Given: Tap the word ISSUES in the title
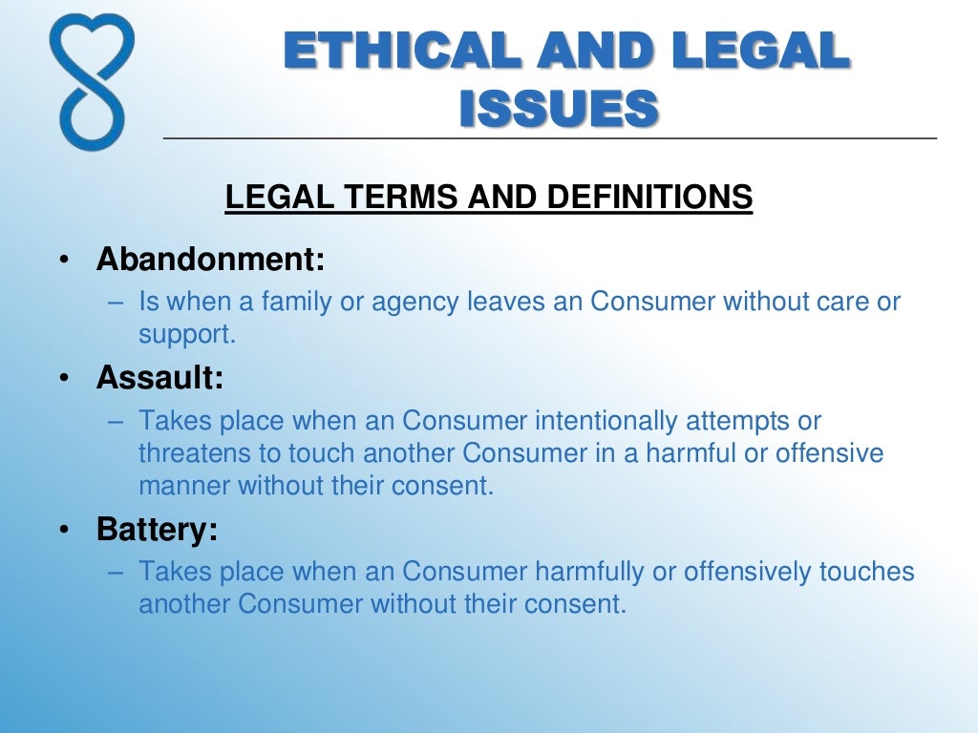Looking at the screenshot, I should pyautogui.click(x=559, y=107).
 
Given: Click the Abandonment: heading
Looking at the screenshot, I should pyautogui.click(x=211, y=260).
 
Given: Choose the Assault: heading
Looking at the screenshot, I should pyautogui.click(x=159, y=378).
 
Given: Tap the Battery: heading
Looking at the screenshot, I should pyautogui.click(x=158, y=530).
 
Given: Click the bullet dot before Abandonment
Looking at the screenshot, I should pyautogui.click(x=63, y=261).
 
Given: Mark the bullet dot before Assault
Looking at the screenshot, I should pyautogui.click(x=63, y=379).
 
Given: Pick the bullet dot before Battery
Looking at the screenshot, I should pyautogui.click(x=63, y=531).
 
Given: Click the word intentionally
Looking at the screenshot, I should pyautogui.click(x=616, y=421).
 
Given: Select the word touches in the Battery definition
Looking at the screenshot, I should pyautogui.click(x=867, y=572).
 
